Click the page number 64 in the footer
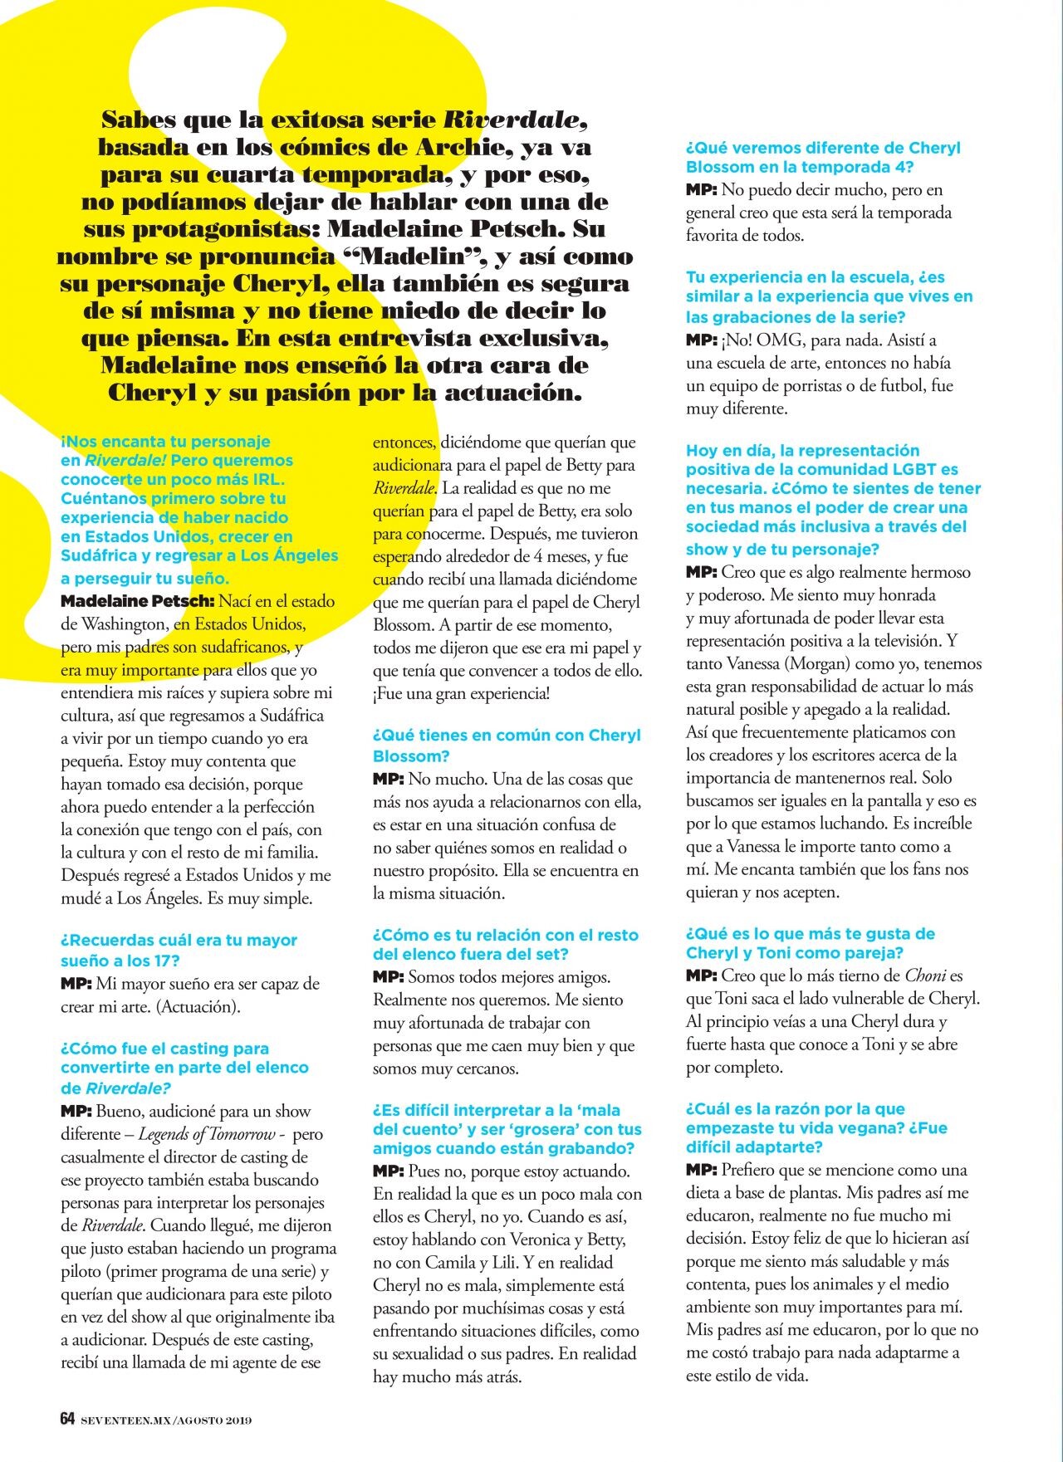coord(67,1419)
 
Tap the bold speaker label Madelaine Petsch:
coord(138,601)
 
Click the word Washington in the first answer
coord(125,624)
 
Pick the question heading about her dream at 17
coord(179,950)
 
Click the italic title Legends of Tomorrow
coord(207,1134)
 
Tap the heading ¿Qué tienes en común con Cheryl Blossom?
coord(506,745)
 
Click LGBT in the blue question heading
coord(919,470)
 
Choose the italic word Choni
coord(925,976)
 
